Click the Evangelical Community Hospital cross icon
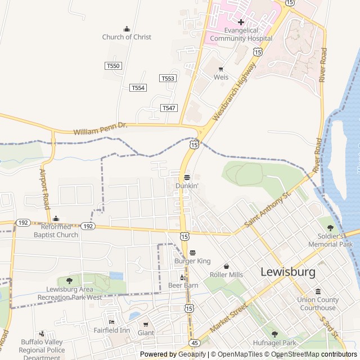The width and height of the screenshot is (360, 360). click(241, 22)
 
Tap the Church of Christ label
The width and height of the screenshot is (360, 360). click(127, 37)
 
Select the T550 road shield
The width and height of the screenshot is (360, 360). click(113, 66)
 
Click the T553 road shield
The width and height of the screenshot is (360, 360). click(168, 78)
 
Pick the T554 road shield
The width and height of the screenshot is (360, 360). click(138, 88)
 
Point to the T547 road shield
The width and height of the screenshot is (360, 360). click(168, 107)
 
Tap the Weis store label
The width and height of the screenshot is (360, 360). click(220, 77)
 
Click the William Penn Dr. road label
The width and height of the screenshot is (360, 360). click(101, 129)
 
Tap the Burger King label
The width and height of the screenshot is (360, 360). click(192, 261)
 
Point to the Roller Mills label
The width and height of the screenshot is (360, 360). click(226, 274)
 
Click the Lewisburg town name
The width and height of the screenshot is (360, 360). click(287, 272)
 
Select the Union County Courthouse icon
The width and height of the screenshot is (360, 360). click(318, 292)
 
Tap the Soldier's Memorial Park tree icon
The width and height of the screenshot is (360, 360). click(330, 228)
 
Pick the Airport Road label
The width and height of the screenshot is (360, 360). click(45, 188)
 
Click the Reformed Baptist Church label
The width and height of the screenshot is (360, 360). click(56, 231)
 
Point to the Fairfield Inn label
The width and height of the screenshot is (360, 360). click(111, 330)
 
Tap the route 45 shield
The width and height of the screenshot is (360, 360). click(194, 342)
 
